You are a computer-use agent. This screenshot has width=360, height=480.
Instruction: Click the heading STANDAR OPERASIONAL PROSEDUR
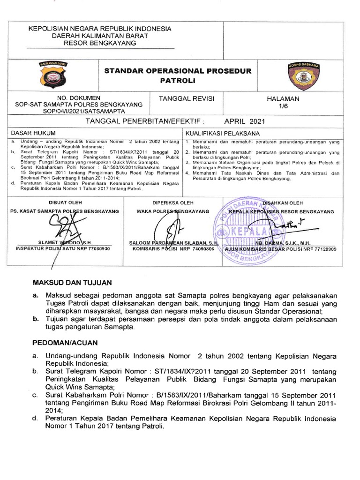[x=178, y=71]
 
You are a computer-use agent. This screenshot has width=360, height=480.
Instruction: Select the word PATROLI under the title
[x=177, y=81]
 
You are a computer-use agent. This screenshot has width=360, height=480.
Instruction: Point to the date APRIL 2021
[x=245, y=121]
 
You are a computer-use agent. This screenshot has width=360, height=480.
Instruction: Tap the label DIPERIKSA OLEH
[x=172, y=203]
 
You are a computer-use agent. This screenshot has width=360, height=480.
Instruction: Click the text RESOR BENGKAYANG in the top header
[x=100, y=43]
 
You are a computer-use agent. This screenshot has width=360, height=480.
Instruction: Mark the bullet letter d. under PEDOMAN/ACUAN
[x=35, y=418]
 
